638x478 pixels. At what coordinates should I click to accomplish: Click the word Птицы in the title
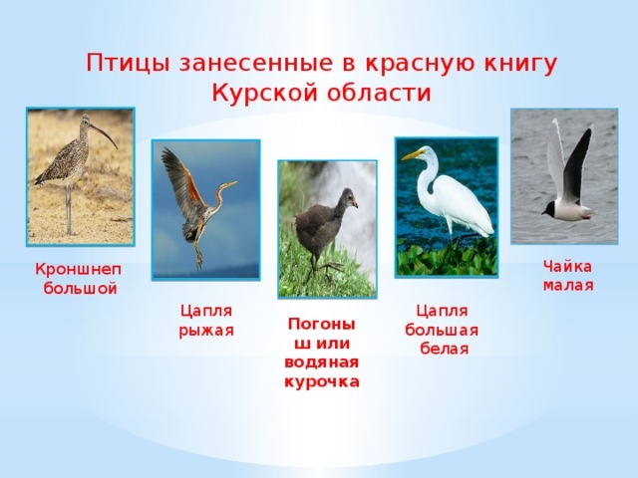click(x=128, y=64)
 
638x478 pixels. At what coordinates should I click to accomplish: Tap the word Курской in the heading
click(x=264, y=93)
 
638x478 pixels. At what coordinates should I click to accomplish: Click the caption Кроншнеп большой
click(x=78, y=279)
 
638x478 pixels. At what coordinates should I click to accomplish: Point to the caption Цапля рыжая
click(x=206, y=321)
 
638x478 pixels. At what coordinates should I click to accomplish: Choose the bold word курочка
click(x=322, y=382)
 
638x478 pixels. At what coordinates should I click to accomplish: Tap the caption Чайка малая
click(x=568, y=276)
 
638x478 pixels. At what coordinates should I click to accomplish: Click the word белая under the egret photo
click(x=444, y=349)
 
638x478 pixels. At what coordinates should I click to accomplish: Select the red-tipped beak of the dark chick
click(x=355, y=203)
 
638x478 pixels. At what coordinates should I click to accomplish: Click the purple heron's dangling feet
click(x=198, y=257)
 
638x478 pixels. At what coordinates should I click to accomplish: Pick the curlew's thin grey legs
click(x=69, y=210)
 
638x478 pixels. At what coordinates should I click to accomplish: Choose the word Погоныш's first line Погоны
click(x=322, y=325)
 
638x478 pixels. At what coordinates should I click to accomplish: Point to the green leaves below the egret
click(x=447, y=257)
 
